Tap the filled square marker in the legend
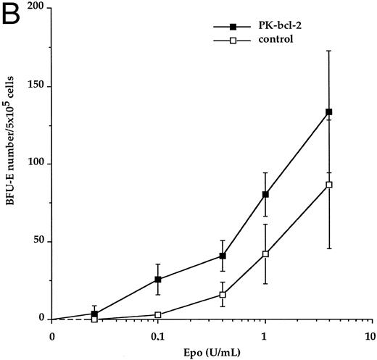point(233,27)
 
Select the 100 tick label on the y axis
point(33,164)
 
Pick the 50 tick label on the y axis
point(36,241)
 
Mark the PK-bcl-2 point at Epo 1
point(265,194)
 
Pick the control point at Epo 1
point(265,254)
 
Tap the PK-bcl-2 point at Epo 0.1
point(158,279)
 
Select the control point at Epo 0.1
point(158,315)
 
